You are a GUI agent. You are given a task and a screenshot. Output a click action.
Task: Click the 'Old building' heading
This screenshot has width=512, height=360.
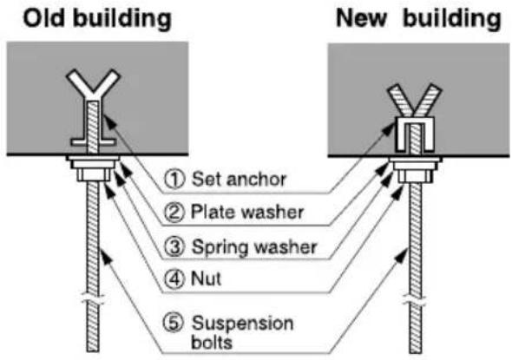[x=97, y=19]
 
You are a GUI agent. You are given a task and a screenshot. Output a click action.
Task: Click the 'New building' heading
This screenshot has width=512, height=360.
[x=418, y=19]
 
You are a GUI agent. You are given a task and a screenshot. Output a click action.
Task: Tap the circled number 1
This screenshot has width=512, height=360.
[x=174, y=179]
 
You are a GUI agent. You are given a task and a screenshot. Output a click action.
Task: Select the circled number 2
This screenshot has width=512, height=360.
[x=174, y=213]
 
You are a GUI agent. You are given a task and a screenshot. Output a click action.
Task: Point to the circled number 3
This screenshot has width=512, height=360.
[x=174, y=246]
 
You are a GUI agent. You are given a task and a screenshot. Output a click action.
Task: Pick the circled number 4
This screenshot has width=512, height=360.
[x=174, y=279]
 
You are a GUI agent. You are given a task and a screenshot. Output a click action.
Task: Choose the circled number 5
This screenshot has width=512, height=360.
[x=174, y=323]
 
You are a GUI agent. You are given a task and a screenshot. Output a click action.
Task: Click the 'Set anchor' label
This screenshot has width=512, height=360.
[x=239, y=180]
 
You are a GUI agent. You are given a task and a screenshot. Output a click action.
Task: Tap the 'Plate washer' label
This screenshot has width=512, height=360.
[x=247, y=213]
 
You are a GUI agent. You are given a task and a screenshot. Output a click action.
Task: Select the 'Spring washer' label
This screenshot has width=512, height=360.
[x=254, y=247]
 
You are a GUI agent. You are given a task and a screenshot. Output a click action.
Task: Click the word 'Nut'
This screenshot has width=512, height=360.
[x=206, y=279]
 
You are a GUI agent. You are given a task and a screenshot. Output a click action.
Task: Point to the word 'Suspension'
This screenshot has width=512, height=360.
[x=243, y=324]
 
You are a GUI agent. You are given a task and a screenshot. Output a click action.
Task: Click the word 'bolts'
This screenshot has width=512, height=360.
[x=212, y=343]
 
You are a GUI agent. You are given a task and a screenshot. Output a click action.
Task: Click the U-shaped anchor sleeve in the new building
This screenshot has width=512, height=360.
[x=414, y=134]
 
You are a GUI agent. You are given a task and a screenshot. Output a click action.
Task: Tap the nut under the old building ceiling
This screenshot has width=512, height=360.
[x=94, y=174]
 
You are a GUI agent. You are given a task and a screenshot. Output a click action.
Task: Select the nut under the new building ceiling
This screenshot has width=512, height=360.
[x=416, y=176]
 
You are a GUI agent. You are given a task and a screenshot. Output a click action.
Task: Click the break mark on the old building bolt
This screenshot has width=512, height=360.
[x=93, y=299]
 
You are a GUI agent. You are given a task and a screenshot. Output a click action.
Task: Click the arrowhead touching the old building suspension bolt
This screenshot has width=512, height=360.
[x=105, y=256]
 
